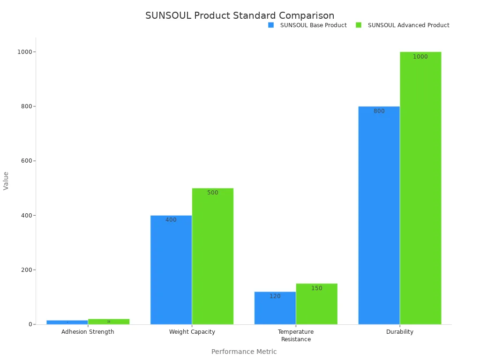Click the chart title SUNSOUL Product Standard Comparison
[240, 15]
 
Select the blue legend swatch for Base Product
[271, 25]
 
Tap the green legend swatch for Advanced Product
[359, 25]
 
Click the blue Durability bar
[379, 216]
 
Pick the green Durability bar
[420, 187]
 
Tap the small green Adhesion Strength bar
[109, 322]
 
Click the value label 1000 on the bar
[420, 57]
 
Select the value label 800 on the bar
[379, 111]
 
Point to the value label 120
[275, 296]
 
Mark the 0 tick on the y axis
[30, 324]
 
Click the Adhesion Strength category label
[88, 332]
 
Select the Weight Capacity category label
[192, 332]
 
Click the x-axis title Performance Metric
[244, 352]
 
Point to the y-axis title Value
[6, 180]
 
